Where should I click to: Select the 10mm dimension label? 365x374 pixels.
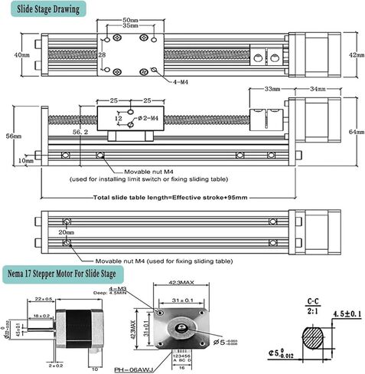[x=26, y=160]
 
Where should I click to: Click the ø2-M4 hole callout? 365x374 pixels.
[x=147, y=117]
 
